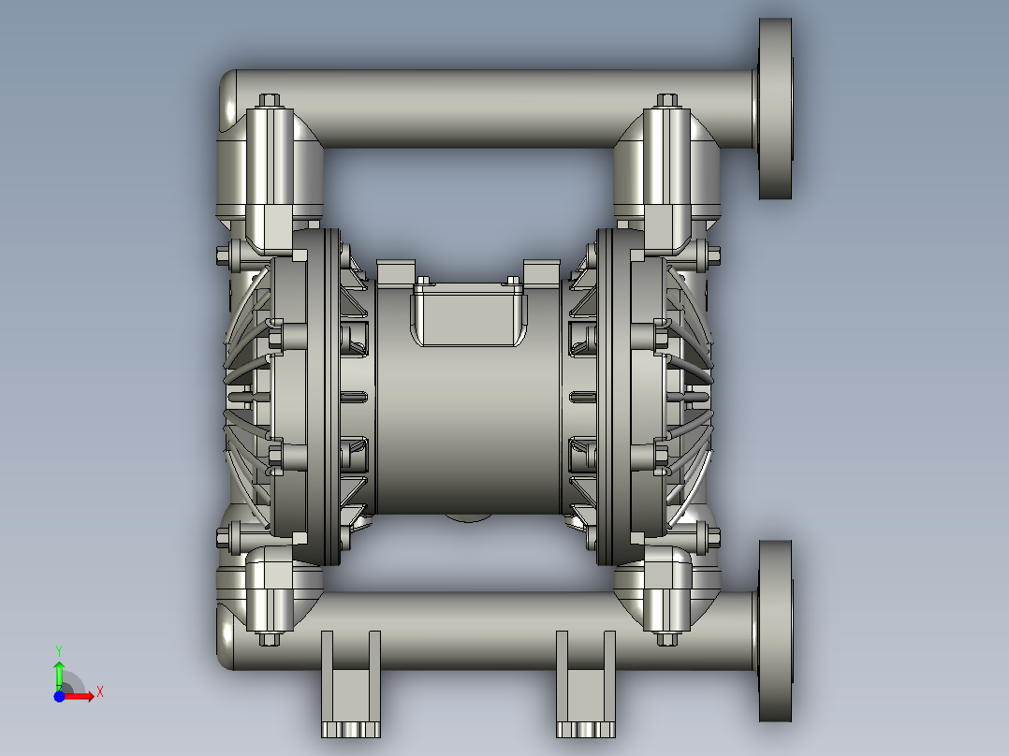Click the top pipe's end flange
[x=774, y=109]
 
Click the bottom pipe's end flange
[x=774, y=631]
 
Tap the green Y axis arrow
[x=58, y=671]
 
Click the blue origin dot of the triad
[x=59, y=696]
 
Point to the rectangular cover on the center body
[x=469, y=316]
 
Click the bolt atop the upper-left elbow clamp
[x=269, y=100]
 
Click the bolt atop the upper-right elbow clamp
[x=666, y=100]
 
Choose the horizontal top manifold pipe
[x=487, y=108]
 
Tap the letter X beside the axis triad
[x=99, y=691]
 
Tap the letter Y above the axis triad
[x=58, y=649]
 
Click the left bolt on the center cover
[x=424, y=280]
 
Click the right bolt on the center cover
[x=512, y=280]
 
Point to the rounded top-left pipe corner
[x=228, y=94]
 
